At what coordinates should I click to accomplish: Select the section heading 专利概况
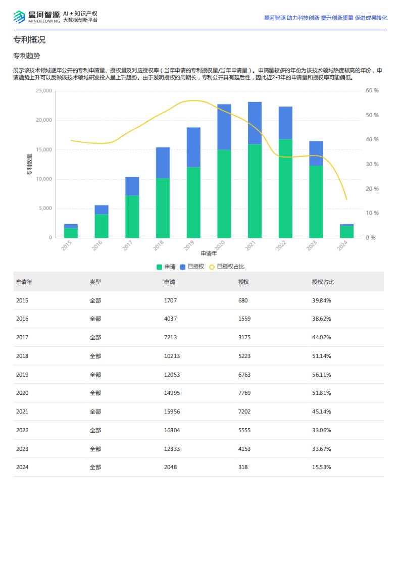[x=29, y=40]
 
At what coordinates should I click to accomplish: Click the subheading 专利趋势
[x=26, y=56]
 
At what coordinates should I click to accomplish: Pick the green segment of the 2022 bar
[x=285, y=188]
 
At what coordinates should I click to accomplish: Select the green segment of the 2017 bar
[x=132, y=216]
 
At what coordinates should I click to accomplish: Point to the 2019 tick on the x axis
[x=189, y=245]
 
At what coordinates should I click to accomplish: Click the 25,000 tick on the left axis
[x=43, y=91]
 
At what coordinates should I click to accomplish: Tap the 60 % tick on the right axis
[x=372, y=91]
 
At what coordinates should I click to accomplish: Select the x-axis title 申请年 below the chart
[x=209, y=253]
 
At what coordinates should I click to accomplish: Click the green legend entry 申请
[x=166, y=267]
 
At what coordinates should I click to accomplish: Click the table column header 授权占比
[x=323, y=282]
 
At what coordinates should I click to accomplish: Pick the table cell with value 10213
[x=172, y=356]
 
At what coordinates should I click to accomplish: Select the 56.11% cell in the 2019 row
[x=321, y=375]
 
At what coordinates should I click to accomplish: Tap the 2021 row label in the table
[x=22, y=411]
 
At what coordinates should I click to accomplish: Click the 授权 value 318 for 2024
[x=243, y=467]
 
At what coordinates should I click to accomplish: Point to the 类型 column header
[x=95, y=282]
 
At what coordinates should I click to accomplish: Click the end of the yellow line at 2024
[x=346, y=199]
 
